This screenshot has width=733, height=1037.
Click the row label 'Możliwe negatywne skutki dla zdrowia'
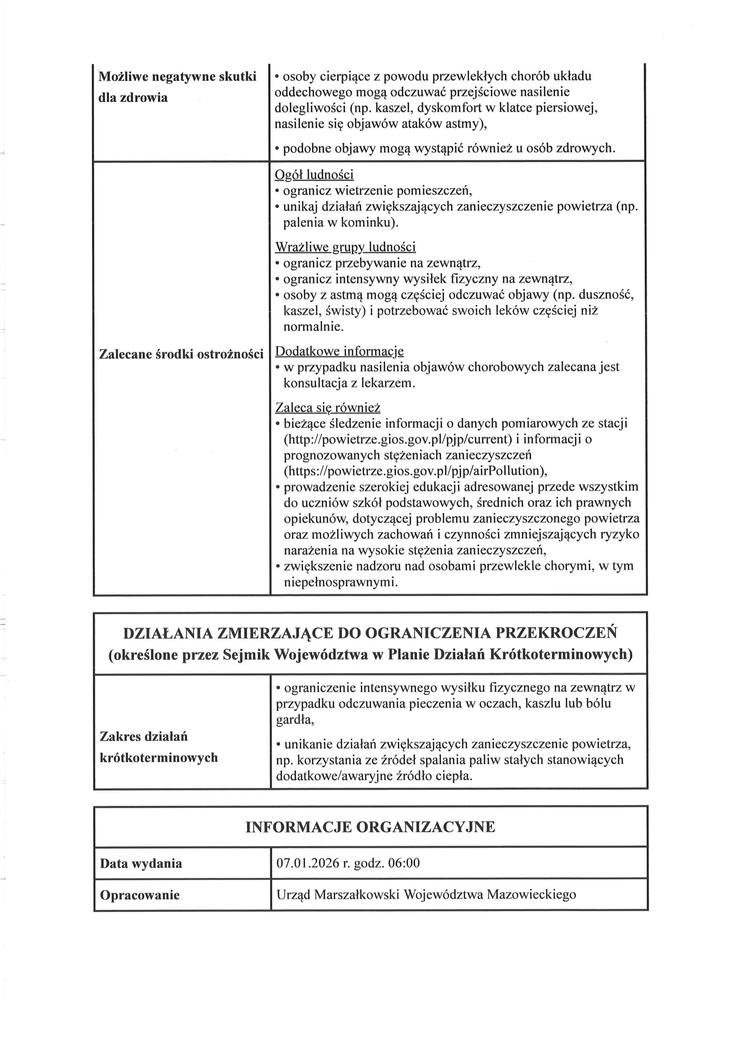pyautogui.click(x=177, y=87)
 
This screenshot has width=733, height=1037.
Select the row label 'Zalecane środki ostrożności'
pyautogui.click(x=181, y=354)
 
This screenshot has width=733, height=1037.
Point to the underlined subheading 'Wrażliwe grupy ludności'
pyautogui.click(x=345, y=247)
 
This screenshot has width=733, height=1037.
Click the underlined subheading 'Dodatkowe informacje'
pyautogui.click(x=339, y=351)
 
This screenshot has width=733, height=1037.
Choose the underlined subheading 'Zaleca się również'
pyautogui.click(x=328, y=408)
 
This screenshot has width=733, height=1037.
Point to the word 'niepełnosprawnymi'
pyautogui.click(x=341, y=582)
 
